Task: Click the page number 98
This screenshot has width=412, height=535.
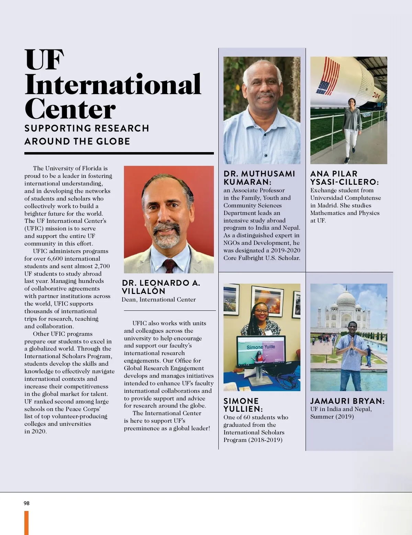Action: click(26, 503)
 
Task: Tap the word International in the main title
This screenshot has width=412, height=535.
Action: click(113, 84)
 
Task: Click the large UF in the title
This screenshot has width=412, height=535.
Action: click(44, 60)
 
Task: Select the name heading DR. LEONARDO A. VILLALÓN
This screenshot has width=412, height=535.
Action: click(161, 287)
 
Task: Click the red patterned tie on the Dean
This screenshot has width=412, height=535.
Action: click(170, 266)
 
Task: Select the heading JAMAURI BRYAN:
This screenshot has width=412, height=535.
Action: click(347, 401)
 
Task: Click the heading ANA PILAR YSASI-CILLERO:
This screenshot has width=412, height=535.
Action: click(344, 178)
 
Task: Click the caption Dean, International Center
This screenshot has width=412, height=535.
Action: click(159, 299)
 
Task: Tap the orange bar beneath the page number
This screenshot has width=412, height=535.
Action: click(26, 522)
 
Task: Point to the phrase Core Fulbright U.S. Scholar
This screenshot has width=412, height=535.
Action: click(262, 258)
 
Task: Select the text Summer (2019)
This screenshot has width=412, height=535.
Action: click(332, 417)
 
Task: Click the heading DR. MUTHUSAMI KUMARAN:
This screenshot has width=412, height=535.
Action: click(259, 178)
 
